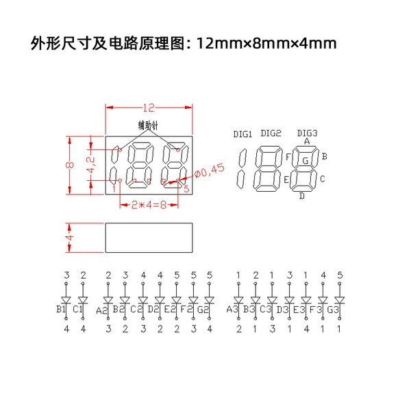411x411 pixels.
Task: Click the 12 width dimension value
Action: [x=149, y=108]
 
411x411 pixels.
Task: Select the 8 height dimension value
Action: [x=70, y=165]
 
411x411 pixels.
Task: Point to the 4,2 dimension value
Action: [x=90, y=165]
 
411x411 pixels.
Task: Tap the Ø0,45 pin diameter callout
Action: [x=210, y=171]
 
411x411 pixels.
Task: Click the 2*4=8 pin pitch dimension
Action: [x=149, y=205]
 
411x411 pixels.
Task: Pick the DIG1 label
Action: [x=242, y=134]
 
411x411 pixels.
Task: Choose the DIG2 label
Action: [x=271, y=133]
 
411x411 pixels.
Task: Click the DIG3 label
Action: [x=307, y=133]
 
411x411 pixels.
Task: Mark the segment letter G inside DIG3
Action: [x=306, y=160]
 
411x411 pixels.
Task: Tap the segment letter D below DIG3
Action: [x=302, y=196]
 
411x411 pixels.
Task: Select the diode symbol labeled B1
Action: [x=66, y=300]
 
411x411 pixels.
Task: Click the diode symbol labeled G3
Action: [x=340, y=300]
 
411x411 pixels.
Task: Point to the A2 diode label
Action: [x=101, y=310]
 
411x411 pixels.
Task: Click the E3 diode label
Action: [x=299, y=310]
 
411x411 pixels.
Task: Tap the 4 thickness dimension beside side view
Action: [x=69, y=238]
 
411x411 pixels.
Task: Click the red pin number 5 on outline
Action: [x=186, y=189]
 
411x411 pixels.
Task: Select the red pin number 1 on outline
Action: [x=114, y=189]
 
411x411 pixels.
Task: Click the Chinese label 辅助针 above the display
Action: [x=148, y=125]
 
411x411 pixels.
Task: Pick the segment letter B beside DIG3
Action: [x=325, y=156]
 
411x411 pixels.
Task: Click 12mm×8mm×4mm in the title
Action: [x=266, y=44]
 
